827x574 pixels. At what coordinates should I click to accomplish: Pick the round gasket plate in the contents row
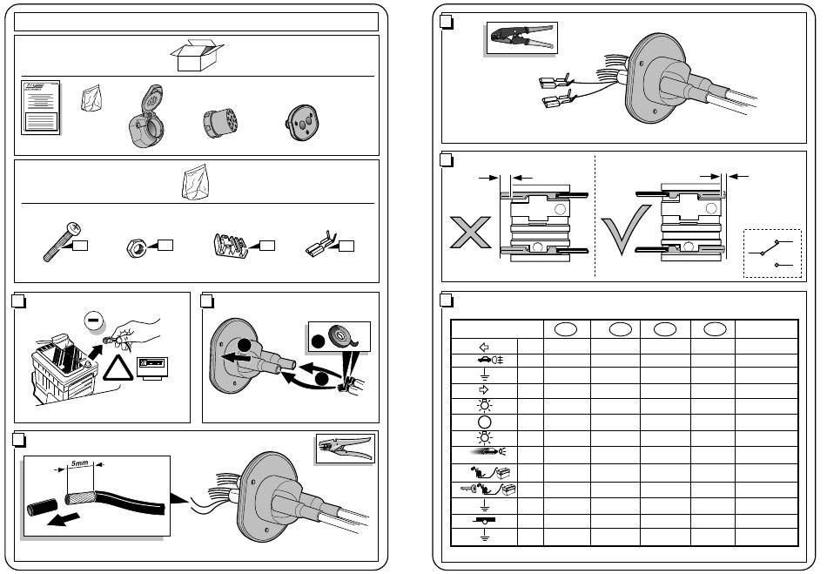point(303,122)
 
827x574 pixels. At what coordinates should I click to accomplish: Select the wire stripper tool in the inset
point(346,450)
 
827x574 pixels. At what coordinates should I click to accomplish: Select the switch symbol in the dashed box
point(773,253)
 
